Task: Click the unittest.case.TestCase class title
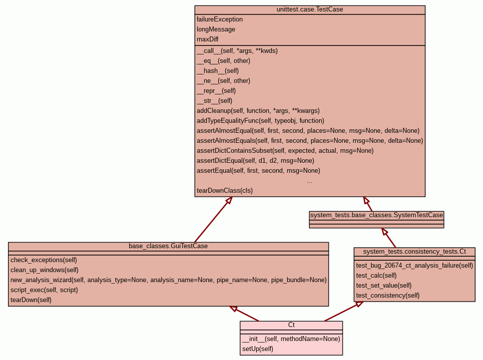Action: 310,9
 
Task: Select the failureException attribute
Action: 220,19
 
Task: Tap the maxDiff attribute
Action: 207,39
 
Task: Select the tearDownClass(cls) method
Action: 225,191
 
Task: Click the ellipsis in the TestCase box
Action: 310,181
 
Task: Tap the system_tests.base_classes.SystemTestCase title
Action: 377,215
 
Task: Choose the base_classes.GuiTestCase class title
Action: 168,246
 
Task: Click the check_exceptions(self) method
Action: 43,260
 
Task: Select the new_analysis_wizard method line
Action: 168,280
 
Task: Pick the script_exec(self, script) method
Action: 44,290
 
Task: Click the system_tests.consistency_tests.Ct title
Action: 415,251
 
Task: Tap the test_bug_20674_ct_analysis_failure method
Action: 415,266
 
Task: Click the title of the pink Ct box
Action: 291,325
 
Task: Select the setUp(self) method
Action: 258,349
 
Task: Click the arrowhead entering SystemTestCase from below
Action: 384,232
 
